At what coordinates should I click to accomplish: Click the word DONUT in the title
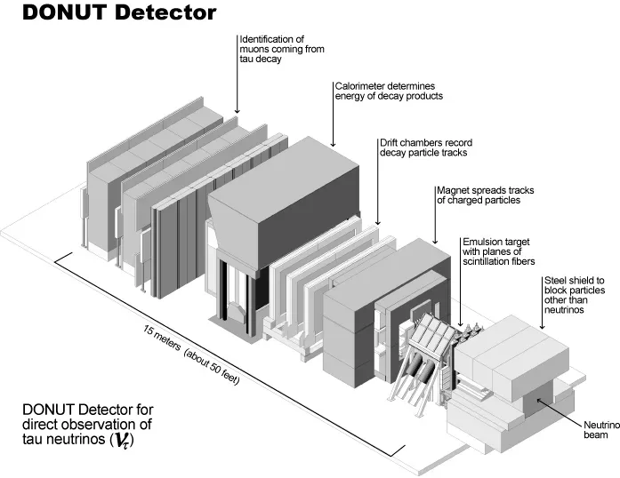[52, 13]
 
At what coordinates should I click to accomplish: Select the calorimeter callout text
[388, 91]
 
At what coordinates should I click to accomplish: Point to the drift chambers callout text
[423, 147]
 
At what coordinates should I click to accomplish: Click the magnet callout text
[479, 195]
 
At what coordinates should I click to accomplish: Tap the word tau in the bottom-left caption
[37, 439]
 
